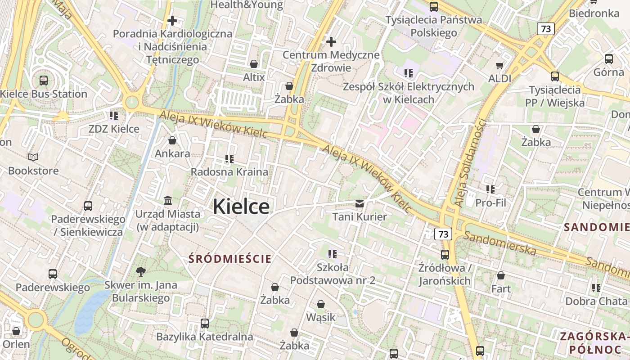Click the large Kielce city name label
[241, 207]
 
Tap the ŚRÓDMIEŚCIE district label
[230, 259]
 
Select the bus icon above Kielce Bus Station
[44, 81]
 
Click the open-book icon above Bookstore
[33, 157]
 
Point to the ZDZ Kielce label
[114, 129]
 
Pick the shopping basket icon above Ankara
[172, 141]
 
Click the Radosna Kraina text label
[229, 172]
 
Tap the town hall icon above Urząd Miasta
[168, 200]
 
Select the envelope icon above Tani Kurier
[360, 204]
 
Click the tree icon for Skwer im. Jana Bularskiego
[141, 271]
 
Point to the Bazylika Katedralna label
[205, 337]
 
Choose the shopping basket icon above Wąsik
[321, 305]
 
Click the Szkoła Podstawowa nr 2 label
[333, 274]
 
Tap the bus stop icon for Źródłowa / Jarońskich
[445, 254]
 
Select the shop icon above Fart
[501, 275]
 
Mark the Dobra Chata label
[596, 301]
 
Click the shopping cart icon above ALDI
[499, 65]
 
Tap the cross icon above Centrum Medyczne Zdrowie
[331, 42]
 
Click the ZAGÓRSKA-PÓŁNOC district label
[594, 342]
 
